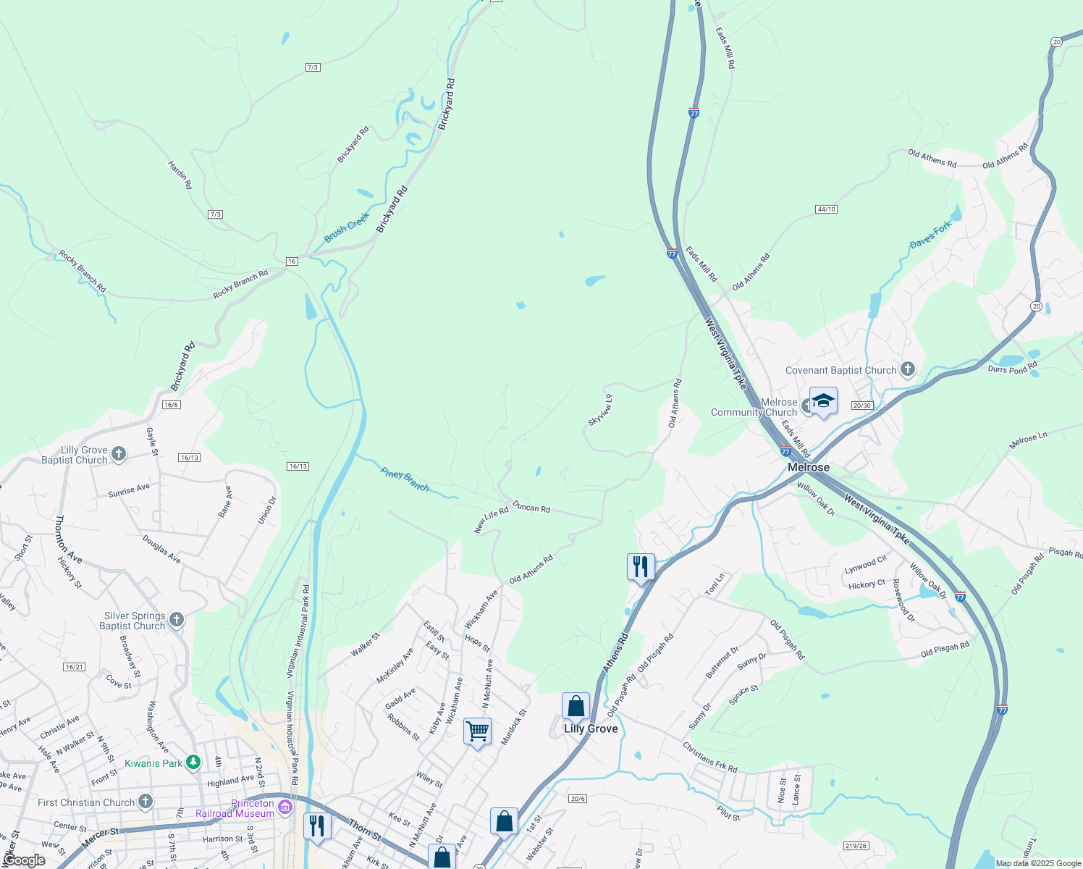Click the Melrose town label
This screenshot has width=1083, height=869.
click(x=809, y=467)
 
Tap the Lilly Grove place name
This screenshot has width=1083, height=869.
click(x=591, y=729)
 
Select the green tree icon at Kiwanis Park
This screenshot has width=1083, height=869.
click(x=193, y=763)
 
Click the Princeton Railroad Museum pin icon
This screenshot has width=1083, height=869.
click(x=286, y=807)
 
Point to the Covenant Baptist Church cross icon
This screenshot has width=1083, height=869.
click(x=907, y=370)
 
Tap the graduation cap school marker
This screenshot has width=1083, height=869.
click(x=823, y=400)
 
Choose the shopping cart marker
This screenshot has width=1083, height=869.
click(x=477, y=731)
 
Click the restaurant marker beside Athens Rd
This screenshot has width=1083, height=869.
click(x=641, y=566)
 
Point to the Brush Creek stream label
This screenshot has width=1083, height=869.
click(x=347, y=227)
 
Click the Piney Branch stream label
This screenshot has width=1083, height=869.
click(x=405, y=479)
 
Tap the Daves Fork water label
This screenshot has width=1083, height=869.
click(x=931, y=235)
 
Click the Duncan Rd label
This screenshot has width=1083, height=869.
click(x=531, y=508)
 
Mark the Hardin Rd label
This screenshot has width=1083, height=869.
click(x=180, y=175)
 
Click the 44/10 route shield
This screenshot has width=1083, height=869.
click(x=826, y=209)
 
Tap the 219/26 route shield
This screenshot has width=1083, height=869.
click(x=856, y=846)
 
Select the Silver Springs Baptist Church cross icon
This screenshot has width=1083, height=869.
click(x=177, y=620)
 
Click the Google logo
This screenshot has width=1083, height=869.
click(x=25, y=860)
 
